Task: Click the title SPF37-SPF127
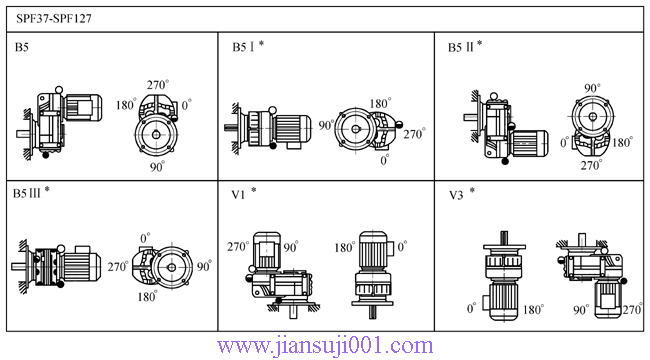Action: point(54,19)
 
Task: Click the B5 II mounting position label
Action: point(461,47)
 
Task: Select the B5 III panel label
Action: point(27,193)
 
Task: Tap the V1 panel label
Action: point(238,195)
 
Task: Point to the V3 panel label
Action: point(456,195)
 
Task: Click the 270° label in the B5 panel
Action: point(158,85)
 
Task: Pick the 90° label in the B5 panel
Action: point(158,167)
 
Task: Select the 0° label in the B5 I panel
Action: point(385,160)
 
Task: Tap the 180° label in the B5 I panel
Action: point(380,103)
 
